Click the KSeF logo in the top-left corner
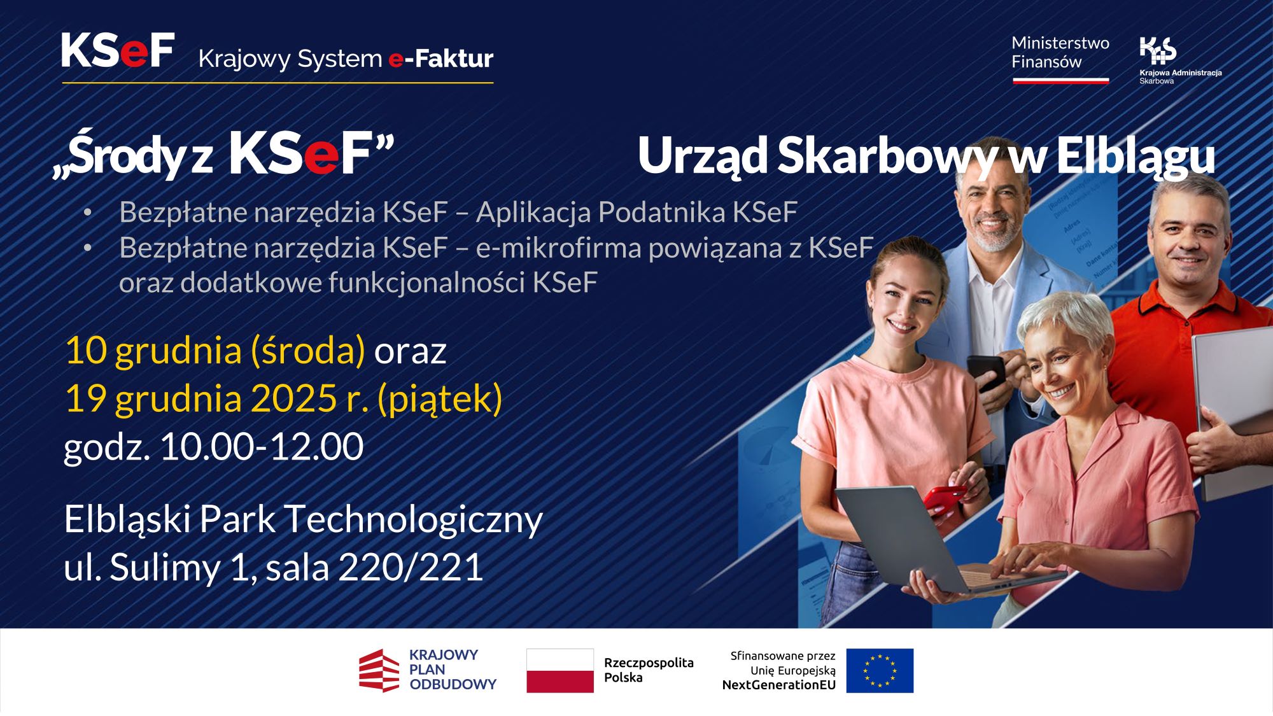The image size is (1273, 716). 118,50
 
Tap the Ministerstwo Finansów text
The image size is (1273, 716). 1060,53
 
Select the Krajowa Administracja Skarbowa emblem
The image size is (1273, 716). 1158,50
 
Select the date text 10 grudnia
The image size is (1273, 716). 153,351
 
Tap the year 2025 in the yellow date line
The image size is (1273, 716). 293,399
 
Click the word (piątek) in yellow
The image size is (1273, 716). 440,399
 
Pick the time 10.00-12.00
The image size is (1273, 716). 261,447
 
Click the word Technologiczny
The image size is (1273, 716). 413,519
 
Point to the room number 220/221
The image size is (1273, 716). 411,567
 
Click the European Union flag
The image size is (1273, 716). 880,671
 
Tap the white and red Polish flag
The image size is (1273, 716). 559,671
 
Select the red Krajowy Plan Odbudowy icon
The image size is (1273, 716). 379,671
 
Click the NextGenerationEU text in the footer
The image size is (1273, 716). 778,685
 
